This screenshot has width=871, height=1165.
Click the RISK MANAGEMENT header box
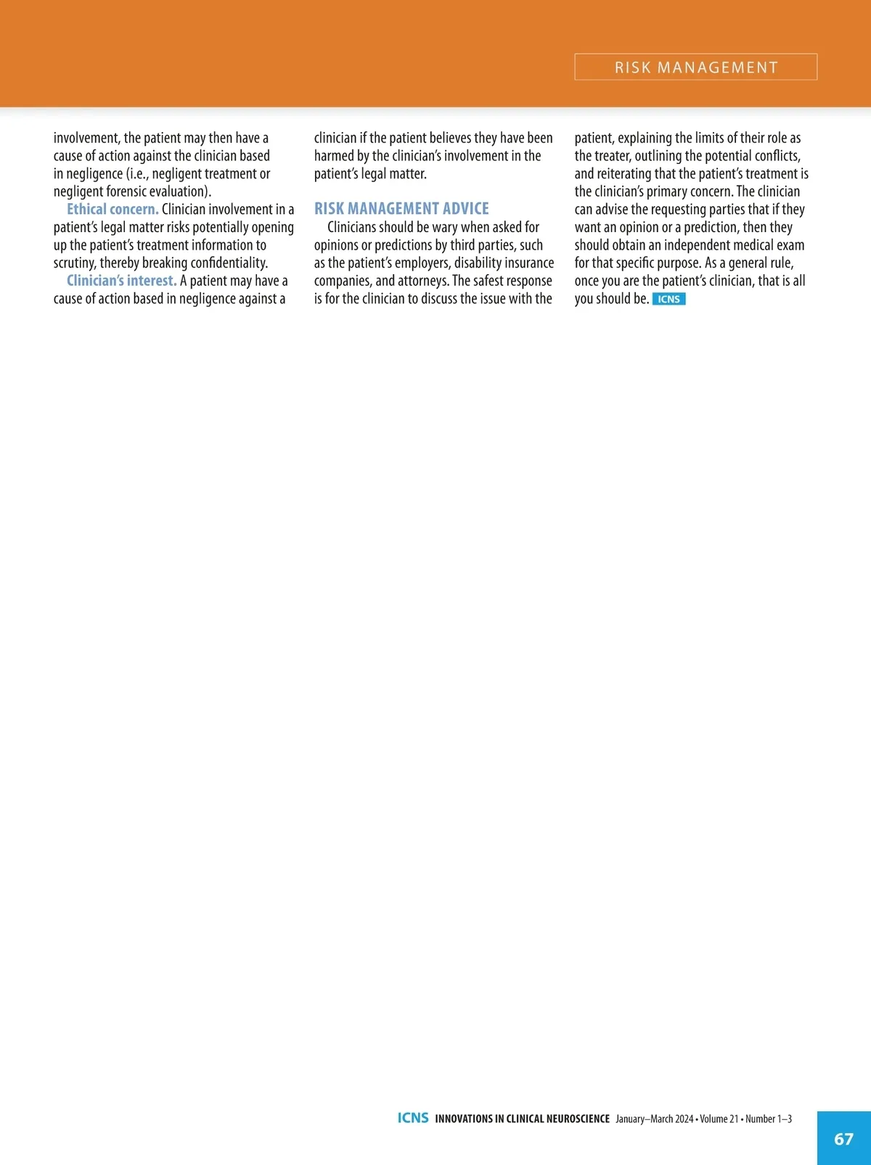[x=695, y=67]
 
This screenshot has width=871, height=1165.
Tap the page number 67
[x=843, y=1139]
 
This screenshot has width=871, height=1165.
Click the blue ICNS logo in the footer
[x=413, y=1118]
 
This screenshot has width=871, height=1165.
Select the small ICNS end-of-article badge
[x=668, y=299]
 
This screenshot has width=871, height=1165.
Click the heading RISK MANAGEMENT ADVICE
[x=401, y=209]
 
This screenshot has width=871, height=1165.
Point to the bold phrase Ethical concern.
[x=113, y=210]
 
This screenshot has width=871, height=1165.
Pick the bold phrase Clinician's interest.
[x=121, y=281]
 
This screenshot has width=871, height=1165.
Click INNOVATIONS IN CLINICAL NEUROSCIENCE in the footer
[x=522, y=1119]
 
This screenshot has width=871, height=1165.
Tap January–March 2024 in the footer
[x=654, y=1119]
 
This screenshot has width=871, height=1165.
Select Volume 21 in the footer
[x=719, y=1119]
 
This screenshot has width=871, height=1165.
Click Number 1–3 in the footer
[x=769, y=1119]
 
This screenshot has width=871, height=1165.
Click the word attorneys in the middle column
[x=422, y=281]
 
